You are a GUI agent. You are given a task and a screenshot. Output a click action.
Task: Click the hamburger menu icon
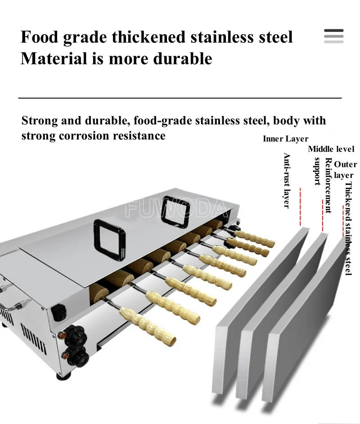coord(334,36)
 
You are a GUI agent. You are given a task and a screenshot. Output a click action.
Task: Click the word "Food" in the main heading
coord(40,37)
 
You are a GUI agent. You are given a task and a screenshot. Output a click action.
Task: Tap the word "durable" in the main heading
coord(182,59)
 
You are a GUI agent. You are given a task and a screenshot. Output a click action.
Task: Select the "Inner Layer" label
coord(285,139)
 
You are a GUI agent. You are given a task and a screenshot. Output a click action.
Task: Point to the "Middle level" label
coord(331,149)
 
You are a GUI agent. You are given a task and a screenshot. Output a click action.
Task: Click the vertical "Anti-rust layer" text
coord(287,180)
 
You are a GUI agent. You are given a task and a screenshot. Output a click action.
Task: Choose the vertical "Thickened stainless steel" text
coord(348,229)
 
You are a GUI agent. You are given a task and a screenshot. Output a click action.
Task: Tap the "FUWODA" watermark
coord(176,208)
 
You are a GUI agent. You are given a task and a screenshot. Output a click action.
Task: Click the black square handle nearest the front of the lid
coord(109,240)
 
